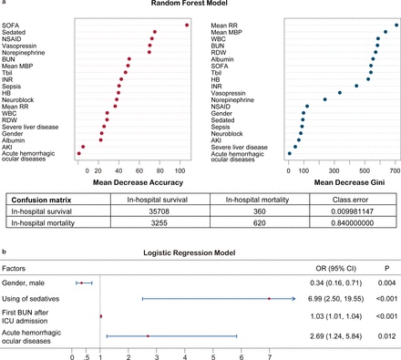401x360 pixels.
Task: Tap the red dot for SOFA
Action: click(187, 25)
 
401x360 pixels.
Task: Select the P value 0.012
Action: click(384, 336)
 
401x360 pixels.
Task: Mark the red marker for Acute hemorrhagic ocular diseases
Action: click(148, 336)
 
